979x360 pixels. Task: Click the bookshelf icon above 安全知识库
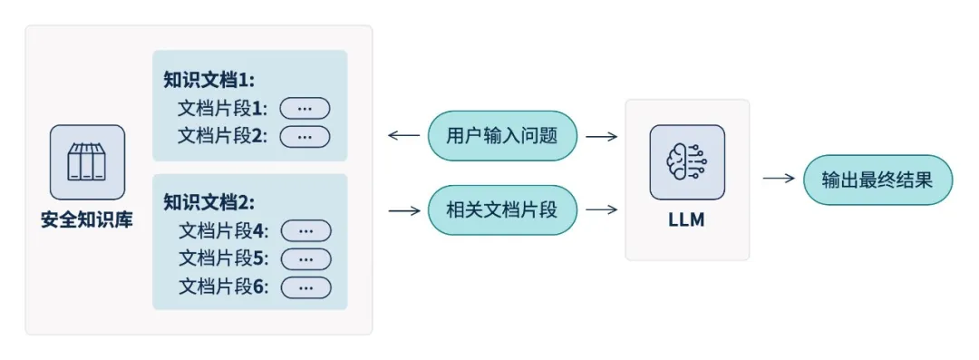[x=87, y=162]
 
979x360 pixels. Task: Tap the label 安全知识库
[x=87, y=220]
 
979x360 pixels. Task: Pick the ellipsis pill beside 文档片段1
[x=305, y=109]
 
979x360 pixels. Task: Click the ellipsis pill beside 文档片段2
[x=305, y=136]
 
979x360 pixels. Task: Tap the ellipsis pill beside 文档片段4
[x=305, y=231]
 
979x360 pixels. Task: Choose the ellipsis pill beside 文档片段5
[x=305, y=258]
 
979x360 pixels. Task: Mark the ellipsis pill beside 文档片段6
[x=305, y=287]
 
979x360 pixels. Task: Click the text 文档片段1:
[x=223, y=109]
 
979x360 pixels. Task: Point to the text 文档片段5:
[x=224, y=258]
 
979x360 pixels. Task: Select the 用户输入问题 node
[x=502, y=136]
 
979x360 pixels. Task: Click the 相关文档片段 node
[x=502, y=210]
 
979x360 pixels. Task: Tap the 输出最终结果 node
[x=877, y=180]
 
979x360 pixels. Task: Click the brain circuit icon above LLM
[x=687, y=162]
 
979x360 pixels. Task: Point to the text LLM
[x=687, y=220]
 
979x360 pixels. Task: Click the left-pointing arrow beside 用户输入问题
[x=403, y=136]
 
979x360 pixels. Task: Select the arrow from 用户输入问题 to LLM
[x=601, y=136]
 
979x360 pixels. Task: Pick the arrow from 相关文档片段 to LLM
[x=601, y=210]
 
